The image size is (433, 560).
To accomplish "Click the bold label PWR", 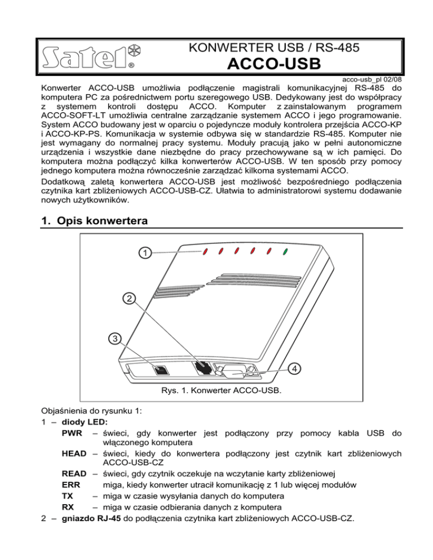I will pos(73,434).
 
